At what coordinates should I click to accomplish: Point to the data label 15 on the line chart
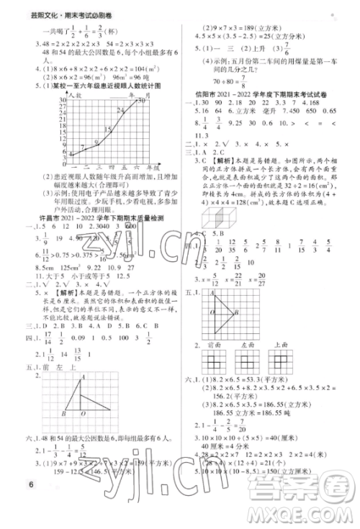point(108,129)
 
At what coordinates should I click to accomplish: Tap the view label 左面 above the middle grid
point(249,345)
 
